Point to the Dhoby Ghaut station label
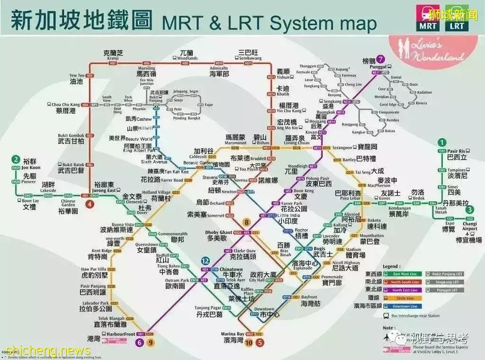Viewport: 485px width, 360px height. click(x=218, y=233)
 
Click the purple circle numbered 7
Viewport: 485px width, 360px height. click(x=382, y=59)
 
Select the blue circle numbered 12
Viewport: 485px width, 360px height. click(x=206, y=261)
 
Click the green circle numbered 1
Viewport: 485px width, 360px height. click(x=442, y=142)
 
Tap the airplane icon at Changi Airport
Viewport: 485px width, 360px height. click(x=470, y=229)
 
